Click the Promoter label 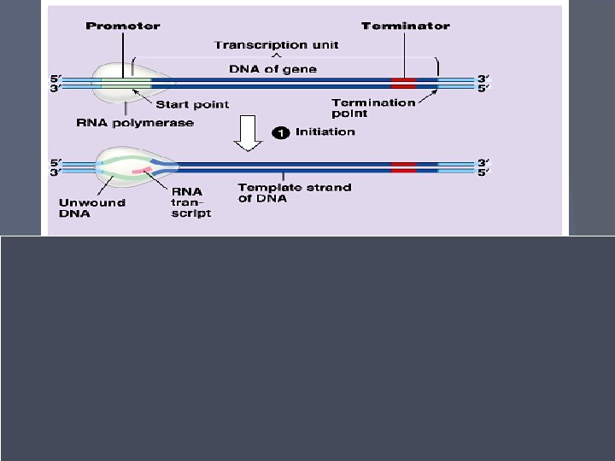(122, 26)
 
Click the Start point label (192, 105)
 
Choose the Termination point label (373, 108)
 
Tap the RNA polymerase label (135, 123)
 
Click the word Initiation (325, 132)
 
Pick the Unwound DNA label (91, 207)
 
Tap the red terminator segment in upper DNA (403, 83)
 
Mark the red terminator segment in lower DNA (403, 166)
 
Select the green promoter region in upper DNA (126, 83)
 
